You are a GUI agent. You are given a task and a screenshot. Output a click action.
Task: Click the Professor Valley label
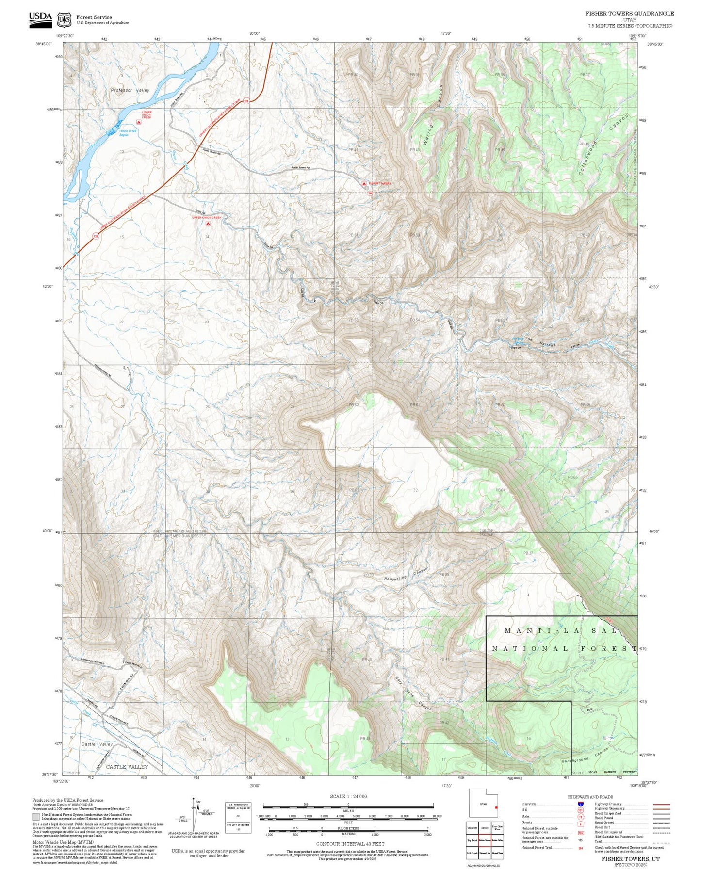pos(130,90)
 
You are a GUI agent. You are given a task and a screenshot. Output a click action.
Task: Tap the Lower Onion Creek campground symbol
pos(139,123)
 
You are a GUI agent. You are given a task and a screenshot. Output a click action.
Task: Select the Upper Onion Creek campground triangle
pos(208,224)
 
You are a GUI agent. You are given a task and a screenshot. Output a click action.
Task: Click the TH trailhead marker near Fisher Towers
pos(370,193)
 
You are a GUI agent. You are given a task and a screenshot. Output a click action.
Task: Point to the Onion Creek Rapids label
pos(128,133)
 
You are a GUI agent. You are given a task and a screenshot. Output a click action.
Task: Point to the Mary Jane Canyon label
pos(412,694)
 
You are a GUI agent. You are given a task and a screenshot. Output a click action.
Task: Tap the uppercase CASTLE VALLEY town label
pos(127,767)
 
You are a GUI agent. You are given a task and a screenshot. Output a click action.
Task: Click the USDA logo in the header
pos(40,18)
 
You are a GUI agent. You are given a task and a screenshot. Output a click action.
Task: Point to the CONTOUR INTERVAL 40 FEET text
pos(350,844)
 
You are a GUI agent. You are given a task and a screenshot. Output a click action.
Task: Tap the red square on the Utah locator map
pos(496,807)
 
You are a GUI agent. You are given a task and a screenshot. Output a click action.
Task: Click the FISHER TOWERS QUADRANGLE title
pos(629,14)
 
